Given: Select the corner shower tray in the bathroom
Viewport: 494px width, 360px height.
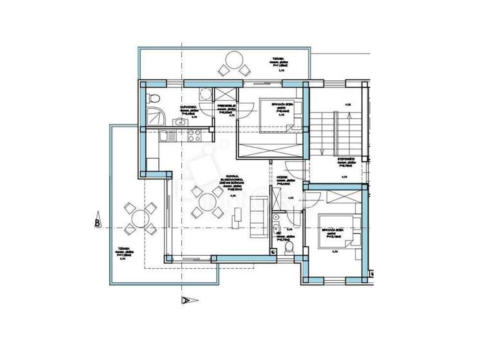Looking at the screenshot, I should pyautogui.click(x=154, y=116).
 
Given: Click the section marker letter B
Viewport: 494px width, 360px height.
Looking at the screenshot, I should pyautogui.click(x=97, y=223).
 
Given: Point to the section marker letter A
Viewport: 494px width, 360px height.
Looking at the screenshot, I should pyautogui.click(x=186, y=300).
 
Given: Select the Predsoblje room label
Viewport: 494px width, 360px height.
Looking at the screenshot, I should pyautogui.click(x=228, y=106).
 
